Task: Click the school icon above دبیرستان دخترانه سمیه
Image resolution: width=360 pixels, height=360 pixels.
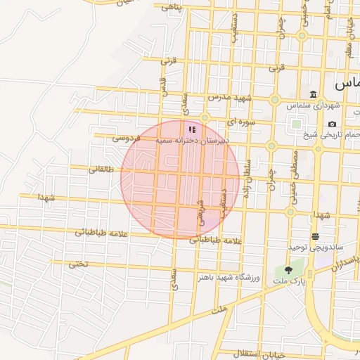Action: (x=192, y=129)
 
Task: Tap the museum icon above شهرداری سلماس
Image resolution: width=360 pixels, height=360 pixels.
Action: (x=313, y=95)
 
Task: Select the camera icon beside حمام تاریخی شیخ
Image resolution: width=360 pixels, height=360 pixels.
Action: (x=332, y=124)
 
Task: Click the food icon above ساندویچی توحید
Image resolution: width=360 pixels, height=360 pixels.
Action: (x=314, y=236)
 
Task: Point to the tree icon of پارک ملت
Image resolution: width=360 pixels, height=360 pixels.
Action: (x=288, y=270)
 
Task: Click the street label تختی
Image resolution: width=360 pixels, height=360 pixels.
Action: (x=79, y=264)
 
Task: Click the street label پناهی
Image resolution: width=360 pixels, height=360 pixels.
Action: (x=172, y=8)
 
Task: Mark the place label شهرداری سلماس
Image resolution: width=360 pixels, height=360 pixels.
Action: (x=318, y=105)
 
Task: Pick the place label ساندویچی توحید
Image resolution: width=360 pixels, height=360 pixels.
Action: (x=314, y=247)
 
